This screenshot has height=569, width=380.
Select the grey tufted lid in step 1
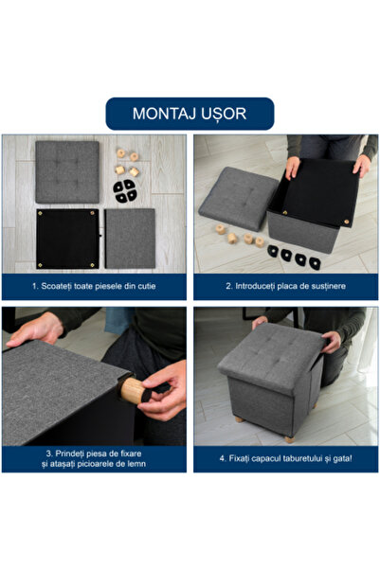[x=67, y=170]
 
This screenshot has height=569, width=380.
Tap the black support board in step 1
[x=67, y=240]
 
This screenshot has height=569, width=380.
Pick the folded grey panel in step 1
[x=130, y=240]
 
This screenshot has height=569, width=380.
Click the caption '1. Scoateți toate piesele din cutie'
[x=95, y=286]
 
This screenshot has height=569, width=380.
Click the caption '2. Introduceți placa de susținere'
[x=285, y=286]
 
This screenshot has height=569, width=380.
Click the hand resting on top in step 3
[x=36, y=329]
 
